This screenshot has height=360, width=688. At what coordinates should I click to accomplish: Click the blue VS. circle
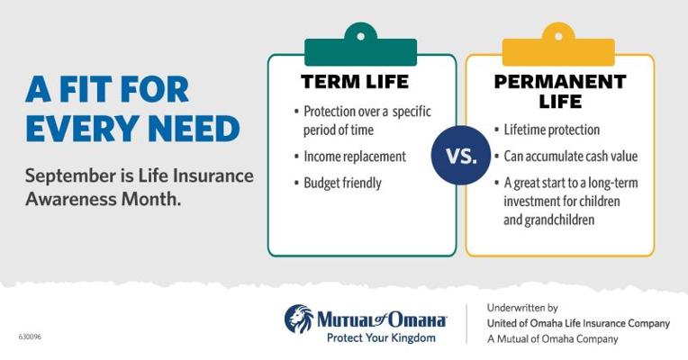click(x=461, y=155)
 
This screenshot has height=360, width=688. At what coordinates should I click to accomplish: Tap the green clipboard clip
click(x=361, y=45)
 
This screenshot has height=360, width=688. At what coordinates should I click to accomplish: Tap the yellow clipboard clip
click(x=558, y=45)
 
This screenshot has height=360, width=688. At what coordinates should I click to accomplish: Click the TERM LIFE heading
click(x=355, y=82)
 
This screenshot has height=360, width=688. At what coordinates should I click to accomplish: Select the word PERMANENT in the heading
click(x=560, y=82)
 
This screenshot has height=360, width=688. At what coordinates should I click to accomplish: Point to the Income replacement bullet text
click(x=355, y=157)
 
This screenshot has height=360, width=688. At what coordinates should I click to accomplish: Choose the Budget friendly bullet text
click(x=342, y=183)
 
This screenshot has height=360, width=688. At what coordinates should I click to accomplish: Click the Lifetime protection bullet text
click(x=551, y=130)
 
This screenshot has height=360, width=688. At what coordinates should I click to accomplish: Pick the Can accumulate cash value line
click(x=570, y=156)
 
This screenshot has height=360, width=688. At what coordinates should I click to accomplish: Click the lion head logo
click(x=299, y=319)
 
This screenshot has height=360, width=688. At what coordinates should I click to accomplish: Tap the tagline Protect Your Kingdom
click(x=381, y=338)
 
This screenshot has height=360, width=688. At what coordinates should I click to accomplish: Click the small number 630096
click(x=30, y=337)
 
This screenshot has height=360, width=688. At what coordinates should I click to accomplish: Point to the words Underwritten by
click(x=522, y=308)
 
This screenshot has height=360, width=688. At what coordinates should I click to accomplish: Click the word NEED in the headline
click(x=194, y=129)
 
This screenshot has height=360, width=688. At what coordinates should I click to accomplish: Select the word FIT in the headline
click(x=86, y=89)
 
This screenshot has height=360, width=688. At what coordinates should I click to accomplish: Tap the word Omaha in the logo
click(x=415, y=319)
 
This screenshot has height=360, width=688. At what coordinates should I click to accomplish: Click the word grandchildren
click(x=549, y=220)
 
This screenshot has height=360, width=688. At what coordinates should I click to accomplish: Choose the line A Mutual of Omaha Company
click(x=552, y=339)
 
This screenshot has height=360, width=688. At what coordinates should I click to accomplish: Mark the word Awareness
click(x=71, y=199)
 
